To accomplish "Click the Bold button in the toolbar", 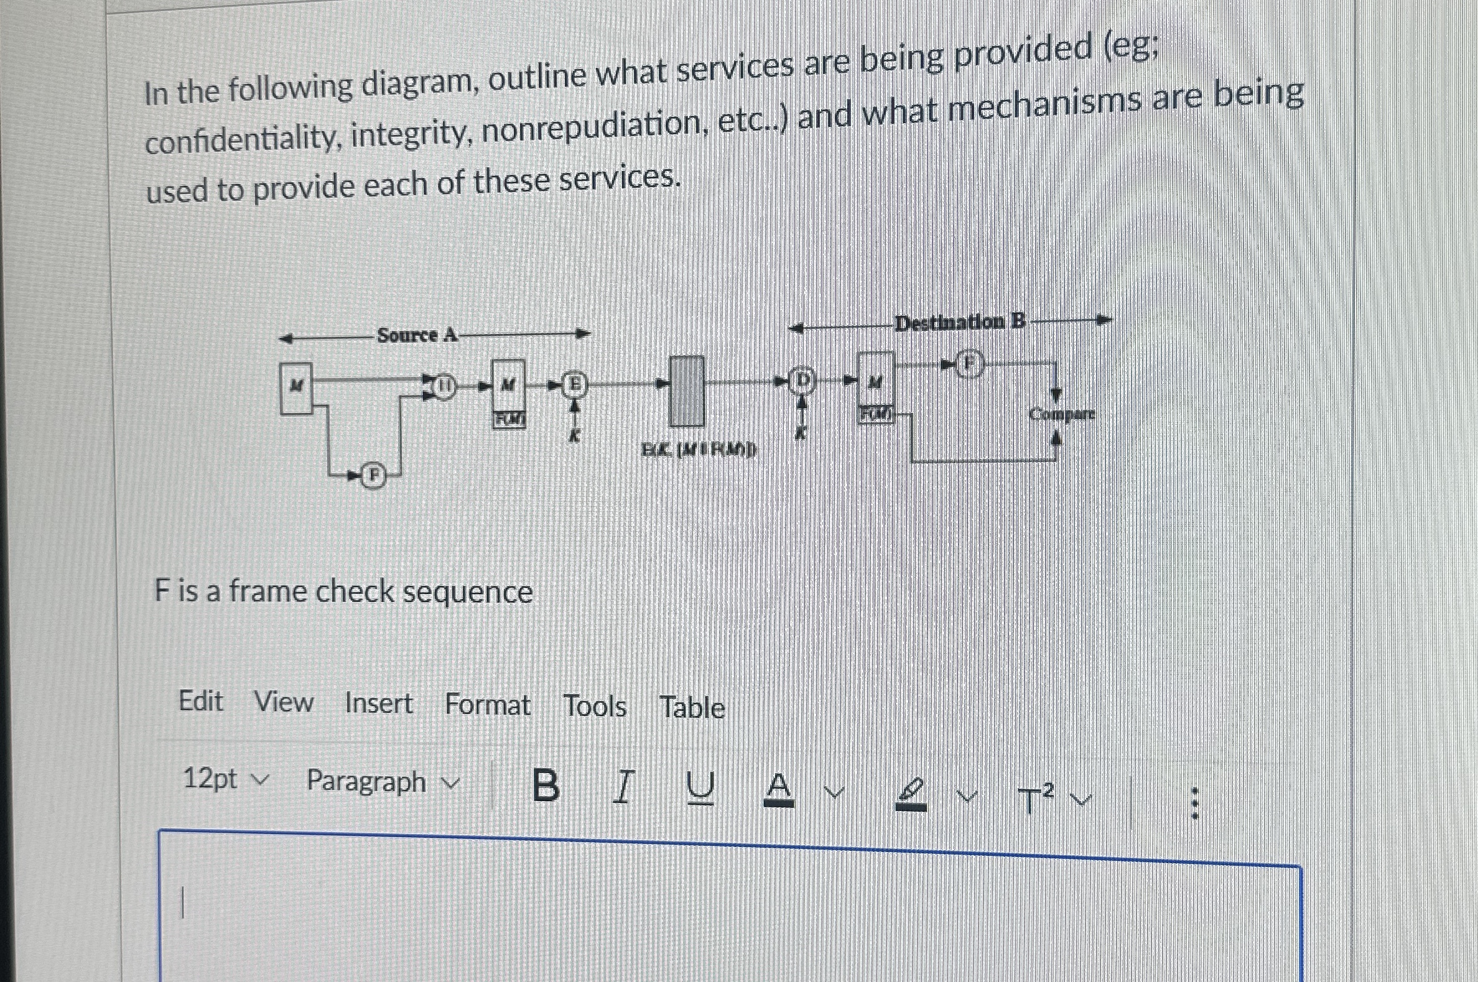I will pyautogui.click(x=546, y=785).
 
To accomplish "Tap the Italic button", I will pyautogui.click(x=622, y=787).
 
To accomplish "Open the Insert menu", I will pyautogui.click(x=378, y=703).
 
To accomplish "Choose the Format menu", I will pyautogui.click(x=487, y=705).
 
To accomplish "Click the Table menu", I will pyautogui.click(x=692, y=708).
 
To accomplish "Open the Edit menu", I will pyautogui.click(x=200, y=701).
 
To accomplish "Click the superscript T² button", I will pyautogui.click(x=1036, y=799).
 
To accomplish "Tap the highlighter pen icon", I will pyautogui.click(x=912, y=795).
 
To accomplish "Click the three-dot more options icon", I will pyautogui.click(x=1194, y=804).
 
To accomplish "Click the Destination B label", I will pyautogui.click(x=960, y=323).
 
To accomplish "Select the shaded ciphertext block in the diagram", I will pyautogui.click(x=687, y=391).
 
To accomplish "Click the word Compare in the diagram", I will pyautogui.click(x=1062, y=414).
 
